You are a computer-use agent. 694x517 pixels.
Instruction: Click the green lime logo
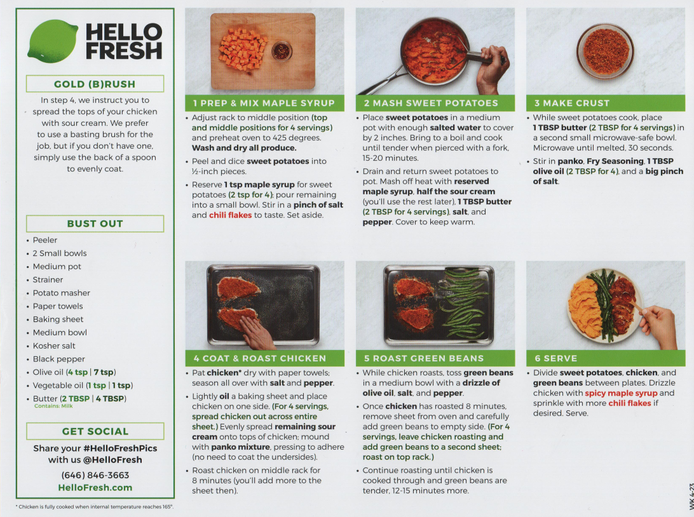[52, 41]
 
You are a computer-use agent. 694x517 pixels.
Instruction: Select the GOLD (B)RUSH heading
[95, 84]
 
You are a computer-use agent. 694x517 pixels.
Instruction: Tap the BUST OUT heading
[95, 224]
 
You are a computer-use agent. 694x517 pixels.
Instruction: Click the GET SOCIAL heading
[95, 431]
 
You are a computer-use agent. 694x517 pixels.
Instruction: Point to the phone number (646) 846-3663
[95, 475]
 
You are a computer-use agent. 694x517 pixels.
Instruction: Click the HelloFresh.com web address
[95, 487]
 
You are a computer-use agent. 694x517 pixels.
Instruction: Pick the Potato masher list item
[62, 293]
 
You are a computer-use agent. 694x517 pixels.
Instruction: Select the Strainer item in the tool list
[48, 279]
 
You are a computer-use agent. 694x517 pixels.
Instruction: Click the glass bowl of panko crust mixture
[605, 51]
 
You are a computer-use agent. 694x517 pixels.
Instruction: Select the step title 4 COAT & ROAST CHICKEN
[259, 358]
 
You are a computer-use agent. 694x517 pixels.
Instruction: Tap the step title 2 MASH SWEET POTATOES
[431, 103]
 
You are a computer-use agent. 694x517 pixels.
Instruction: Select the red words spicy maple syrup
[621, 393]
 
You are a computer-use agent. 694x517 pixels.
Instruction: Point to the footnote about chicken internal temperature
[95, 507]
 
